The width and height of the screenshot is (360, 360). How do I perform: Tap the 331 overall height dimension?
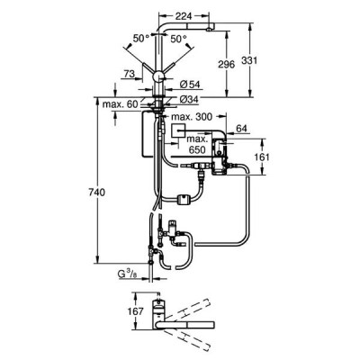tap(249, 60)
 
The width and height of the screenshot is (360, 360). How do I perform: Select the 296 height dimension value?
tap(227, 64)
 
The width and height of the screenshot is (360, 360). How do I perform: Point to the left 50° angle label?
tap(141, 39)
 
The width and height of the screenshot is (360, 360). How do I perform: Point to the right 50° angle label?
tap(179, 39)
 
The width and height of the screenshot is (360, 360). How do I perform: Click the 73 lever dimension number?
tap(130, 74)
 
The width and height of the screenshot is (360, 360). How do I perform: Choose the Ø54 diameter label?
tap(190, 85)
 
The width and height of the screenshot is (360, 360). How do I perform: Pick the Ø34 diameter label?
tap(189, 99)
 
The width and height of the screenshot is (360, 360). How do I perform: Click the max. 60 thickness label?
tap(120, 104)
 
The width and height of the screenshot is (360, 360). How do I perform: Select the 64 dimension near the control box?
tap(241, 129)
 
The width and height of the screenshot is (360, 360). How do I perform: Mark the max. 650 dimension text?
tap(197, 144)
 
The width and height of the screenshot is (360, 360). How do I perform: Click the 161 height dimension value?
tap(261, 157)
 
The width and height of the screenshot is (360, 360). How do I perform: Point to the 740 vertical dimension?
tap(97, 193)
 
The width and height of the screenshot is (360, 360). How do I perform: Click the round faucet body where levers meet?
tap(158, 77)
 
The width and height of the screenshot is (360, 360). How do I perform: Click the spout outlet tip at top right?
tap(209, 29)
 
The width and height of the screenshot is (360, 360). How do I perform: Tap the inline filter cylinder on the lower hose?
tap(182, 199)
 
